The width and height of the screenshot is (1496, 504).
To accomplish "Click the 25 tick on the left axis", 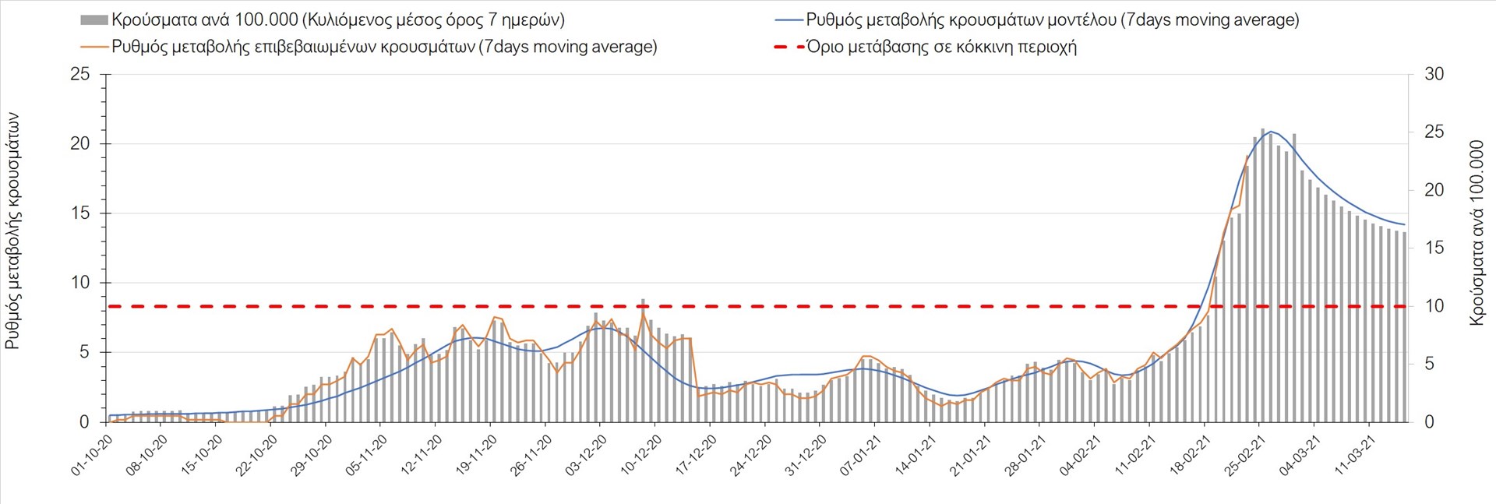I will point(79,75).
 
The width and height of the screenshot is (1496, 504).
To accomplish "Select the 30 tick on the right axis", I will point(1434,75).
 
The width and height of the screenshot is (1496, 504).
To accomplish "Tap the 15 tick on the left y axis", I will point(79,213).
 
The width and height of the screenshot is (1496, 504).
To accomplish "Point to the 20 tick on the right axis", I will point(1434,190).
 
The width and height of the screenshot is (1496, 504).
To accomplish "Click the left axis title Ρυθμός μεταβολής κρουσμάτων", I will point(13,231).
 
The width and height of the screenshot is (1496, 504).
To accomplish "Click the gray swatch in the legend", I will point(93,19).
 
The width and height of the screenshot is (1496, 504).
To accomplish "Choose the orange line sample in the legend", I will point(93,47).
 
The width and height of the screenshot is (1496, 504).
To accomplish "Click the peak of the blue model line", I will point(1271,132).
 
